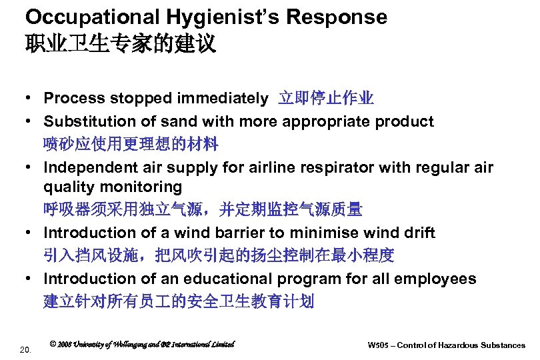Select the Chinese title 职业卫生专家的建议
coord(121,45)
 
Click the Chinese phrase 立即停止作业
coord(326,99)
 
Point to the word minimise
coord(345,233)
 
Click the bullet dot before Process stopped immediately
coord(31,99)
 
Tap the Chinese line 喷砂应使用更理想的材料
coord(131,143)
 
